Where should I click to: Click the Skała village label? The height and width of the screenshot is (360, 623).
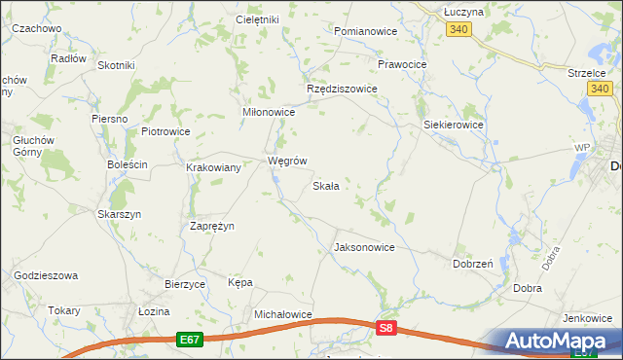[x=325, y=186]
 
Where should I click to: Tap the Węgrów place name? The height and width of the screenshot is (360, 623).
[x=287, y=161]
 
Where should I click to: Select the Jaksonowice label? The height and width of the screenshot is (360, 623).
[x=364, y=247]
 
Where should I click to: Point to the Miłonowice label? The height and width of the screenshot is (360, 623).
[x=268, y=112]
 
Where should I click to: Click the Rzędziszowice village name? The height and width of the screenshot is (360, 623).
[x=342, y=88]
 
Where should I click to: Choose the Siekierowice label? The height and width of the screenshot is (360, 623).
[x=455, y=126]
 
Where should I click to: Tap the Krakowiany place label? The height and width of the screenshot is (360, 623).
[x=213, y=167]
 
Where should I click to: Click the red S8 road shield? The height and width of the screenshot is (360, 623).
[x=387, y=329]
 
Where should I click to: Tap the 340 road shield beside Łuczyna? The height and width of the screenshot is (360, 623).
[x=460, y=30]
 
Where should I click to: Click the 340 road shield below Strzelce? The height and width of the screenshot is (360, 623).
[x=600, y=90]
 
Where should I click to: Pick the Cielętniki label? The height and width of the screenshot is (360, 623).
[x=257, y=19]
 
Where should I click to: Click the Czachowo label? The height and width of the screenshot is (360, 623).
[x=37, y=29]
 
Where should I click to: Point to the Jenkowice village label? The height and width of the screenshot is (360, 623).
[x=588, y=318]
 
